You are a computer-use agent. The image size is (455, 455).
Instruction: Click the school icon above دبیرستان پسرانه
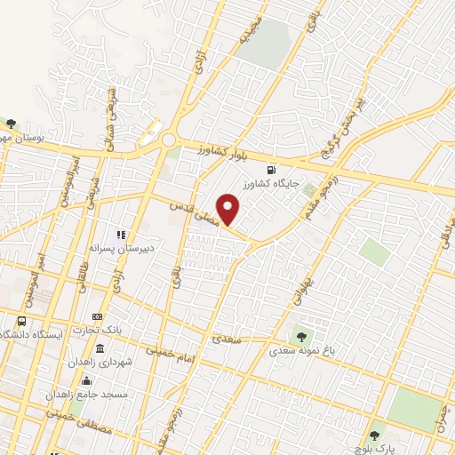click(122, 235)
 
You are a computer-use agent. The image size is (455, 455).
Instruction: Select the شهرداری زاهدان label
click(101, 363)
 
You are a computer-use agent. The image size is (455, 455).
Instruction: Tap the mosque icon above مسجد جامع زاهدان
click(87, 379)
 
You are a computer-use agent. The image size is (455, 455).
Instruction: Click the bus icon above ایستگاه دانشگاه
click(21, 322)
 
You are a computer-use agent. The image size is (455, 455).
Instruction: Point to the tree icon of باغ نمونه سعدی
click(300, 337)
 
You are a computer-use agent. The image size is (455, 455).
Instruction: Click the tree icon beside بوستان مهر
click(11, 124)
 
